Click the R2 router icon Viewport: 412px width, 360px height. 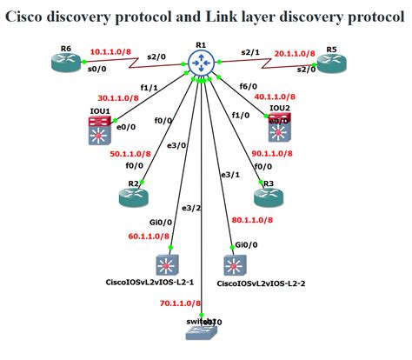pos(135,197)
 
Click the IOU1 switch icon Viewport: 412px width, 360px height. pos(99,132)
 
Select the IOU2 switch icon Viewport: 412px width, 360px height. pos(280,130)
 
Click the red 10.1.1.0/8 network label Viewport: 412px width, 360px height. pos(111,52)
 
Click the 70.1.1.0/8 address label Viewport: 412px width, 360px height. pos(181,303)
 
